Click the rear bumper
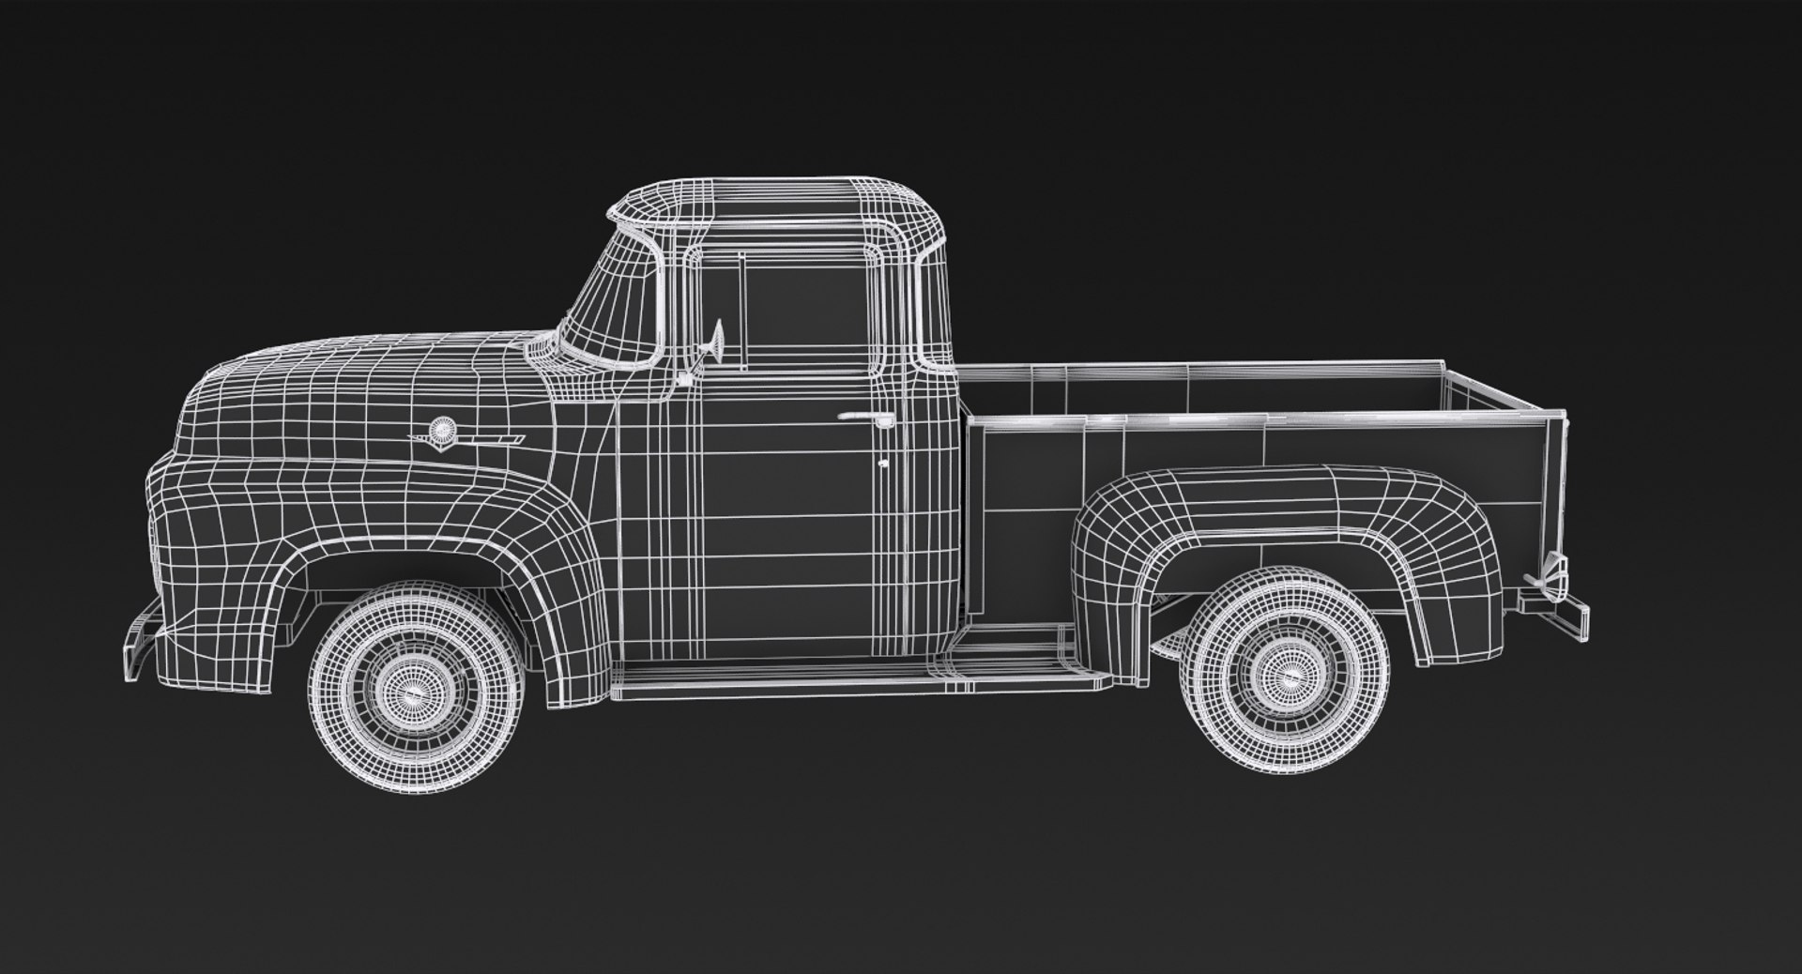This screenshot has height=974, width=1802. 1558,611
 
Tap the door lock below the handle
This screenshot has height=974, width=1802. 883,463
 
